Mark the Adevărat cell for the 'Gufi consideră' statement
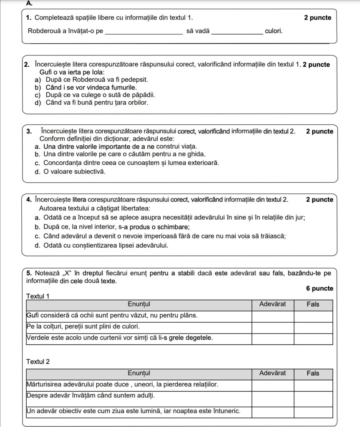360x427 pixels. [x=272, y=316]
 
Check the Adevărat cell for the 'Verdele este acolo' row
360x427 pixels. [x=272, y=339]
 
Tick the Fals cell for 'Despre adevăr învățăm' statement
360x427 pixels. [x=313, y=397]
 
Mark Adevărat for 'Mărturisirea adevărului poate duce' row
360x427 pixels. [x=272, y=385]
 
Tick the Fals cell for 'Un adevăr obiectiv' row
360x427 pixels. [x=313, y=412]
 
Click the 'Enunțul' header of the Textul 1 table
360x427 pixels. [x=139, y=304]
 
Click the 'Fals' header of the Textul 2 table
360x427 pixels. [x=313, y=373]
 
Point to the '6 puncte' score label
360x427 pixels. [x=320, y=289]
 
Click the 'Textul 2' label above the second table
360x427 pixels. [x=38, y=362]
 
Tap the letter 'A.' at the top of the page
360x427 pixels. [x=29, y=3]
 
